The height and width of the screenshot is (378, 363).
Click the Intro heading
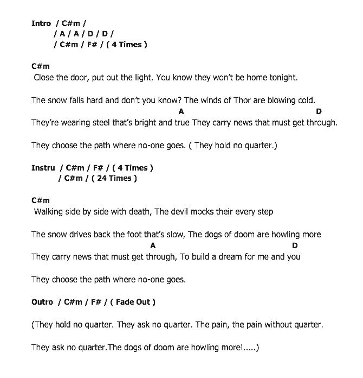[41, 23]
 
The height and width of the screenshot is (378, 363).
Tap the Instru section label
[43, 168]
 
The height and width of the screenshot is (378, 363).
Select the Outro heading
[42, 302]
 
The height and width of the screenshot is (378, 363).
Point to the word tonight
[280, 78]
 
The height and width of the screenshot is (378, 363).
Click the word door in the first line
[76, 78]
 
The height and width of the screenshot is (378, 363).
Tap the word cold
[306, 100]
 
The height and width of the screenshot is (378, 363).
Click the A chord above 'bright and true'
[181, 111]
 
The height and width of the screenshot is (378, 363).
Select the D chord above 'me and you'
[295, 245]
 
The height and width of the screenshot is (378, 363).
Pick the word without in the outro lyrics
[277, 325]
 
